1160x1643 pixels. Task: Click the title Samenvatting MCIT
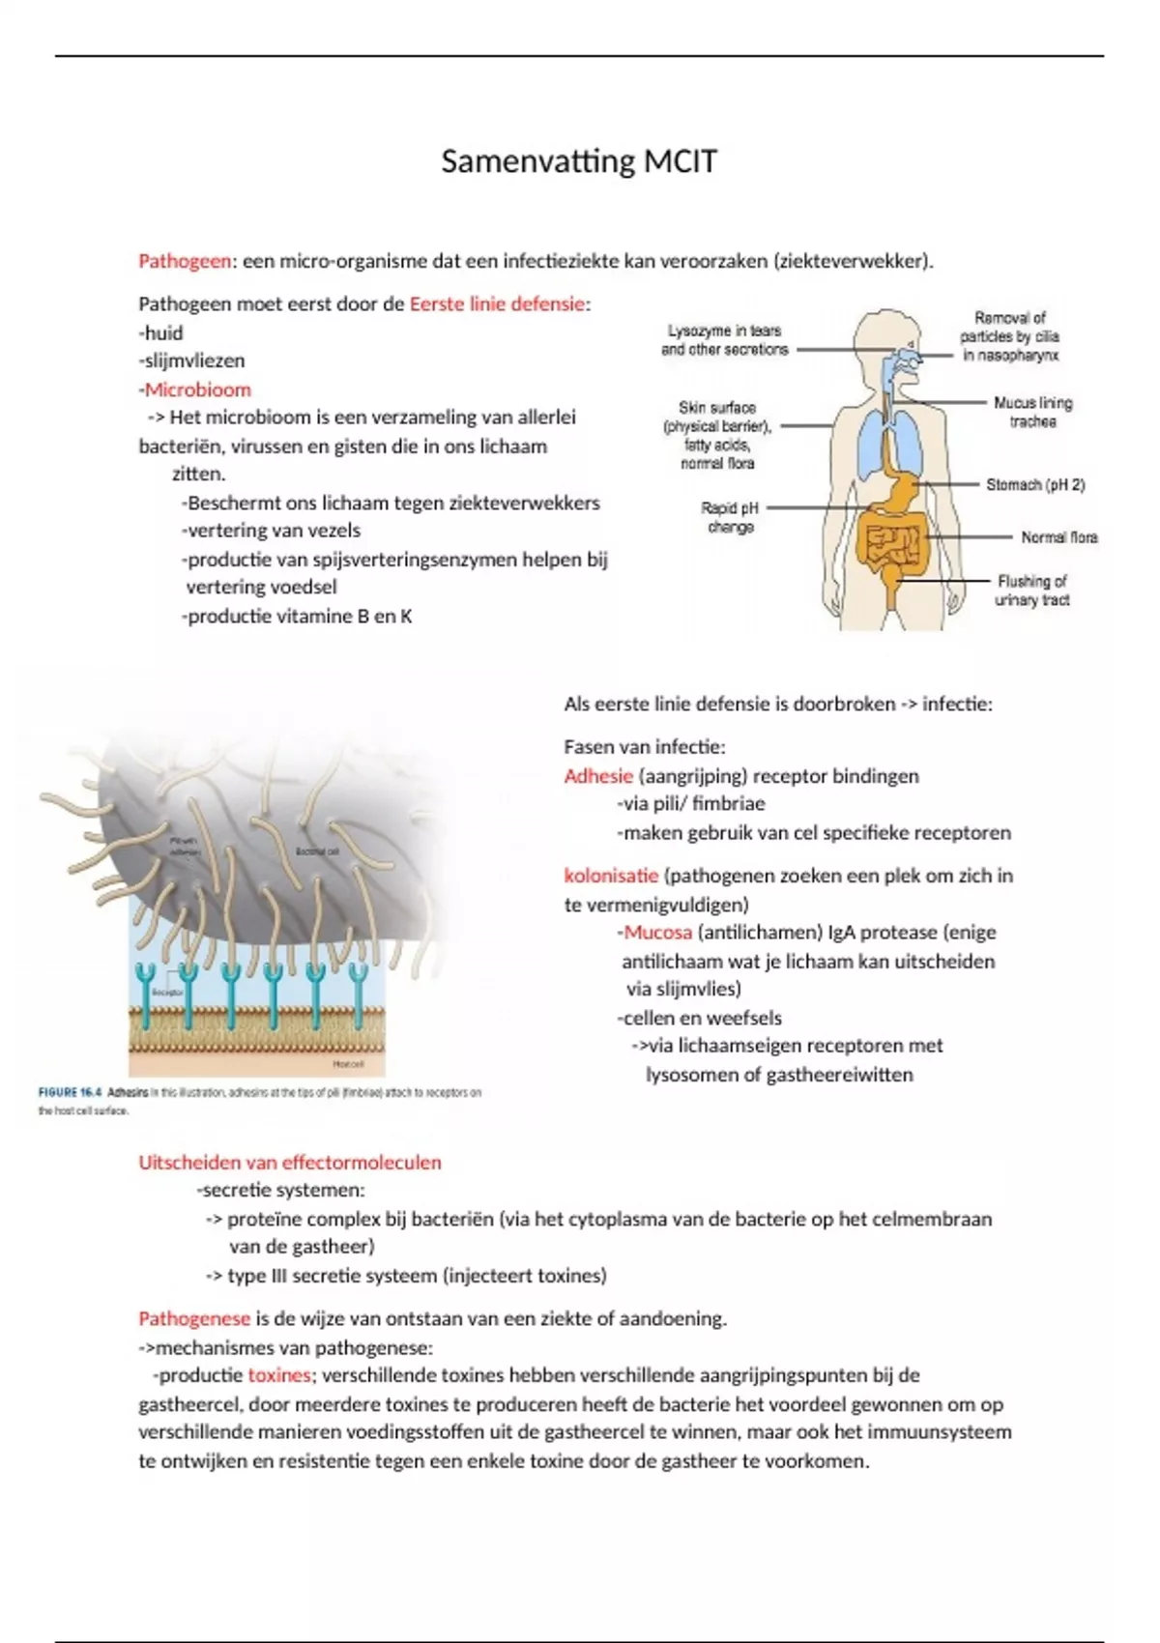point(579,161)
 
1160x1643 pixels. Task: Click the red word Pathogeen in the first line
point(185,261)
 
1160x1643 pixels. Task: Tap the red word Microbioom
point(197,389)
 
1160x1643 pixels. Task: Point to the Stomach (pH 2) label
point(1034,485)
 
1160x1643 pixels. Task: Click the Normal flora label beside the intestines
point(1058,537)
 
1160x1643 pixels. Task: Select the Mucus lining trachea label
point(1032,412)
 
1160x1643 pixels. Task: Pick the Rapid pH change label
point(730,517)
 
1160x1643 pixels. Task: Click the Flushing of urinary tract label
point(1031,591)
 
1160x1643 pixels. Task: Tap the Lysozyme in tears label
point(724,340)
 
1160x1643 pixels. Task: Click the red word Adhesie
point(598,776)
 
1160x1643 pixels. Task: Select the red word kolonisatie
point(611,876)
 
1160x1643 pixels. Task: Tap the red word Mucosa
point(657,933)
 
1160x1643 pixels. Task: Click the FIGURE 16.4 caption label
point(70,1092)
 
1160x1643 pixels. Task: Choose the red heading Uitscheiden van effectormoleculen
point(289,1163)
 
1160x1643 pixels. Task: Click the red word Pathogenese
point(194,1318)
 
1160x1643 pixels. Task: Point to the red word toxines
point(278,1375)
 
